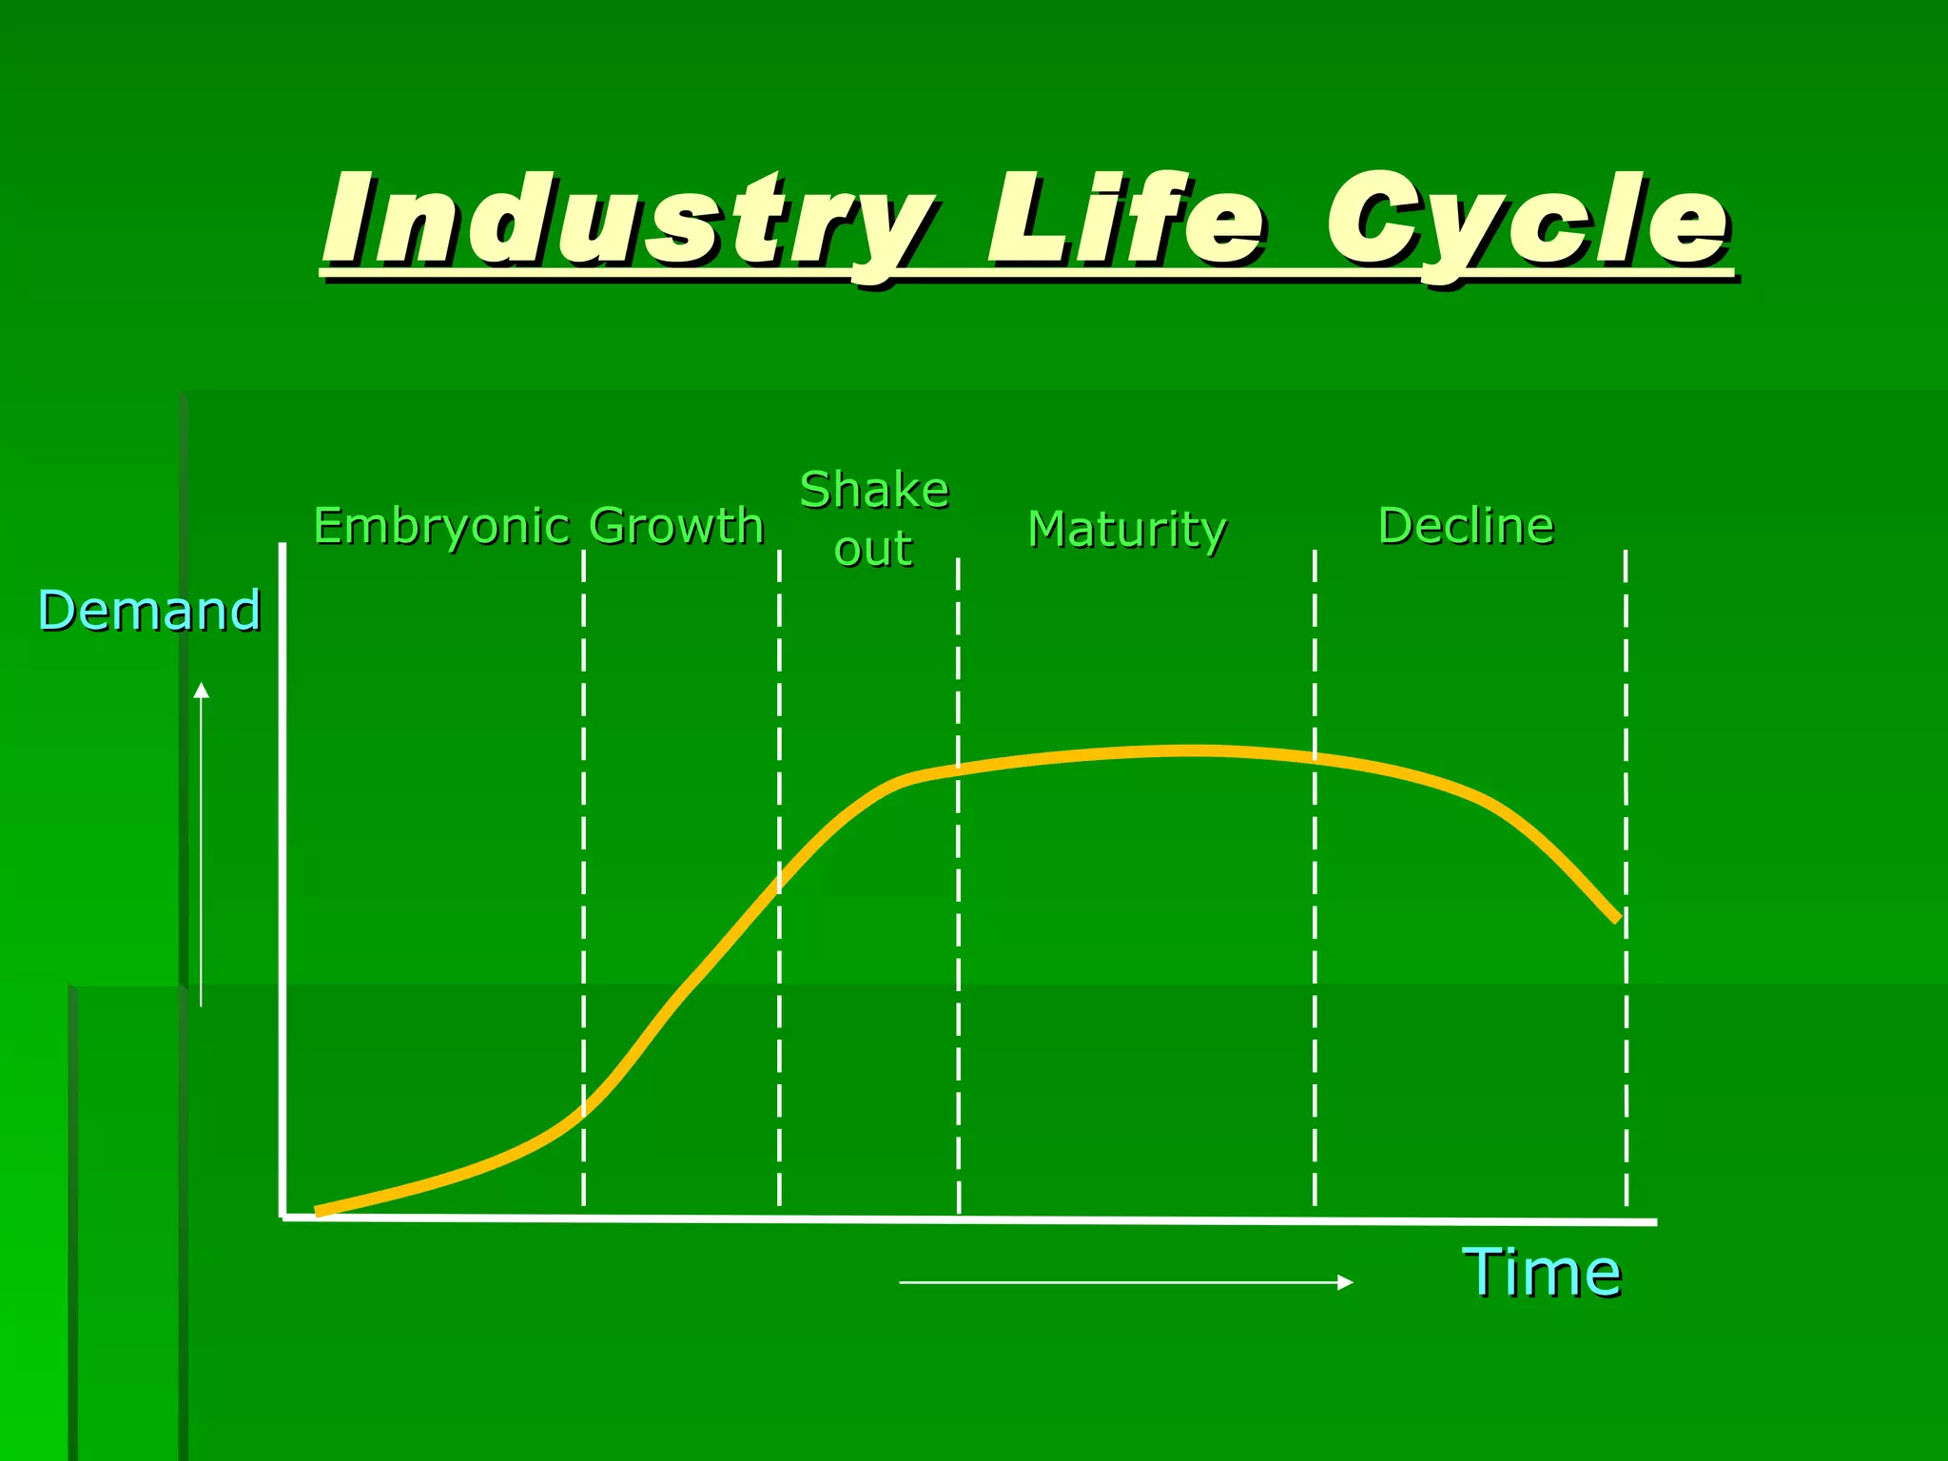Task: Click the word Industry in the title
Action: click(x=628, y=221)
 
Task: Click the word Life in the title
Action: click(x=1127, y=221)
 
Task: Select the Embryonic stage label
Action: click(x=441, y=527)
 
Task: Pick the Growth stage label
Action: click(x=676, y=526)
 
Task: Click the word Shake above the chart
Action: click(x=874, y=491)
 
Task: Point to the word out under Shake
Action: click(x=873, y=550)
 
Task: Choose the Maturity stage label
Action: click(x=1127, y=529)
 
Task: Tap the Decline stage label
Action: click(x=1466, y=526)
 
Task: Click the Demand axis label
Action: click(x=149, y=611)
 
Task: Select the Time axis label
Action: click(x=1541, y=1273)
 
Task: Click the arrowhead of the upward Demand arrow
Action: click(x=201, y=690)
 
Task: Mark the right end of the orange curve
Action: click(x=1617, y=919)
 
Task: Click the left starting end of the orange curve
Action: click(x=318, y=1212)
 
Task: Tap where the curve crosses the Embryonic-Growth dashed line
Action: click(x=583, y=1109)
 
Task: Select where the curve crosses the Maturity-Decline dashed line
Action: click(x=1315, y=757)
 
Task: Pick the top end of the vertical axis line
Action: click(x=282, y=545)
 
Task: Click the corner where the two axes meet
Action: click(x=283, y=1217)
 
